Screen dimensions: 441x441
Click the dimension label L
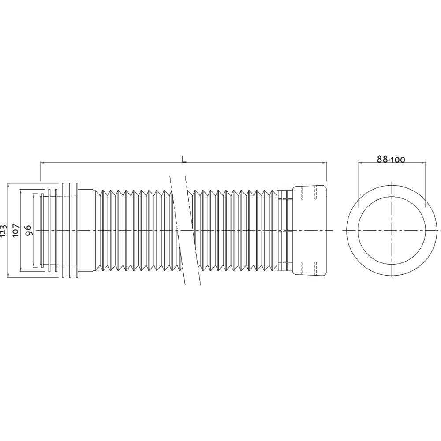click(x=184, y=159)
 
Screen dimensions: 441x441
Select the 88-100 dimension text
click(x=391, y=160)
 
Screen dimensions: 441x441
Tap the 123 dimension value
click(x=4, y=230)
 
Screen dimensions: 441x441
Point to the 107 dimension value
click(x=16, y=230)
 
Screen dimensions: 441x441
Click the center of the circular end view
click(x=392, y=230)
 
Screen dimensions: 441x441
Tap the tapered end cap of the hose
click(x=310, y=230)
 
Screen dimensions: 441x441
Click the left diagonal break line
click(x=177, y=230)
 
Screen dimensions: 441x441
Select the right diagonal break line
click(x=193, y=230)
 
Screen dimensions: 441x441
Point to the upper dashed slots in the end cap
click(x=309, y=193)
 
